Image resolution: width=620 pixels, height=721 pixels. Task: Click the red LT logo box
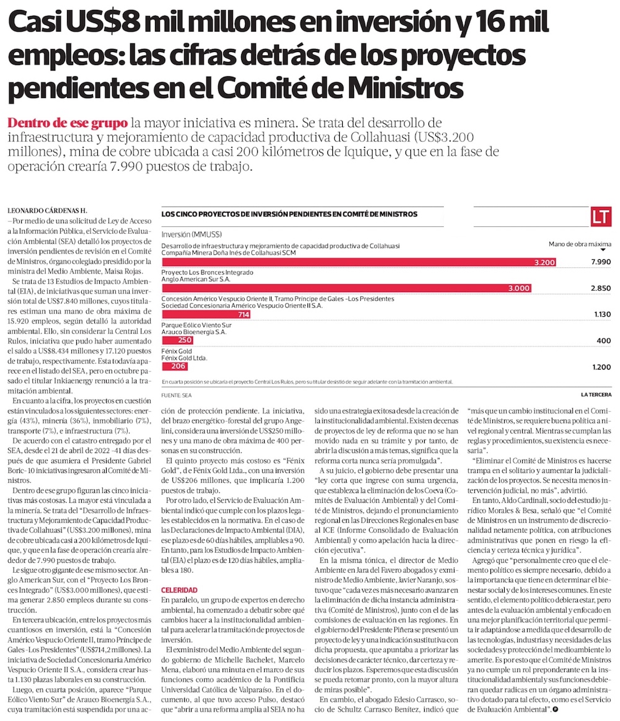[x=601, y=217]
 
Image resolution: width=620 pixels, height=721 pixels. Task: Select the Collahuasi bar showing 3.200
[x=360, y=262]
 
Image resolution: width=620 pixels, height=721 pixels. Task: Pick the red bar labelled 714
[x=206, y=315]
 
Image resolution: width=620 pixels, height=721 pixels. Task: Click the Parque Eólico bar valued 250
[x=177, y=340]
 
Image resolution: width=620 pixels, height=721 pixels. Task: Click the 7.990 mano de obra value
[x=600, y=262]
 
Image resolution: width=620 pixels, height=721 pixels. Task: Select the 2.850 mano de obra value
[x=600, y=288]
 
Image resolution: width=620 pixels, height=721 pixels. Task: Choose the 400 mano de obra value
[x=603, y=341]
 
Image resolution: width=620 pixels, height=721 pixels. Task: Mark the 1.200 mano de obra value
[x=600, y=367]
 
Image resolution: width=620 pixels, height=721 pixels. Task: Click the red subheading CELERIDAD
[x=179, y=590]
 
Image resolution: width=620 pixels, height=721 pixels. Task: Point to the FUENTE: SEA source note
[x=177, y=395]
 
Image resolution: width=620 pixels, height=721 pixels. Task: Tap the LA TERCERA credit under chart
[x=595, y=395]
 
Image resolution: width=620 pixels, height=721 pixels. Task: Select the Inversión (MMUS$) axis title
[x=192, y=235]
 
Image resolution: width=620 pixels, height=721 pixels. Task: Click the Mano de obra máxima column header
[x=580, y=244]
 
